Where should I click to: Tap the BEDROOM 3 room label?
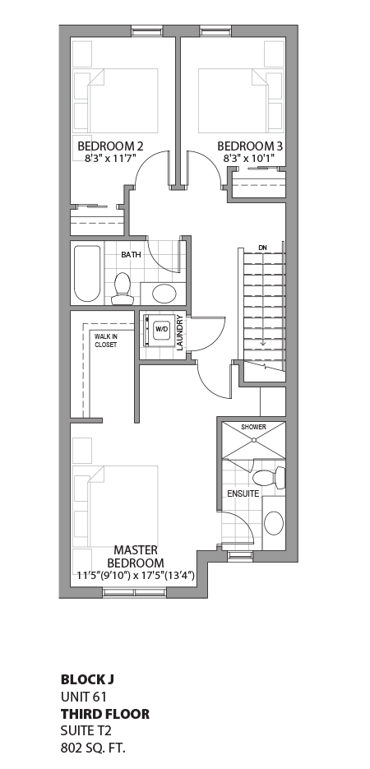(x=250, y=146)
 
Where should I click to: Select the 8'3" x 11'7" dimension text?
(x=110, y=158)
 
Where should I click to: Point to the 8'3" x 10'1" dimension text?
(x=250, y=158)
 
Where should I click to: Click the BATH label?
(x=131, y=255)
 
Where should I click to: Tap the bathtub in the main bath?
(x=87, y=273)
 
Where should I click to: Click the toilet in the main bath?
(x=123, y=288)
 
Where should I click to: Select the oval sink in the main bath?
(x=164, y=294)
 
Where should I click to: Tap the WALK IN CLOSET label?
(x=105, y=340)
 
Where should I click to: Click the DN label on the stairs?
(x=262, y=247)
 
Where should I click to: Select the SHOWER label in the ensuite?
(x=253, y=427)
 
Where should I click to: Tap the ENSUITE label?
(x=243, y=493)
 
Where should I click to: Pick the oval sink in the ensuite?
(x=274, y=523)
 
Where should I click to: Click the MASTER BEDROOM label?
(x=136, y=556)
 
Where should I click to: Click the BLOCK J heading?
(x=87, y=679)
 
